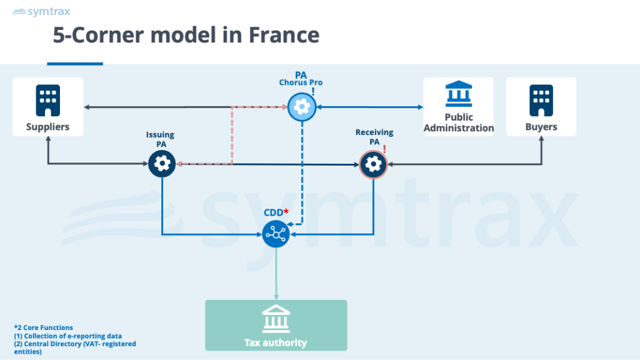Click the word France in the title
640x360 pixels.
pyautogui.click(x=285, y=35)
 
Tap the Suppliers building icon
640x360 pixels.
pyautogui.click(x=47, y=100)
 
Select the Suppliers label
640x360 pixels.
pyautogui.click(x=47, y=127)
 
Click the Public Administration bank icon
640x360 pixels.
pyautogui.click(x=458, y=95)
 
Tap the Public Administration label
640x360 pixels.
pyautogui.click(x=458, y=122)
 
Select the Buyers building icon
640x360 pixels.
pyautogui.click(x=541, y=100)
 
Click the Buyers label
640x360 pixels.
pyautogui.click(x=541, y=127)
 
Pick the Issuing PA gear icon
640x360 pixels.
pyautogui.click(x=162, y=164)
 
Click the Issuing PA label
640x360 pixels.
pyautogui.click(x=161, y=139)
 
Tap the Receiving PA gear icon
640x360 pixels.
pyautogui.click(x=374, y=164)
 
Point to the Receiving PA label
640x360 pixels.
pyautogui.click(x=374, y=137)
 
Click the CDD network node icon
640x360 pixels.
pyautogui.click(x=275, y=234)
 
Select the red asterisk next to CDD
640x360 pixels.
pyautogui.click(x=286, y=212)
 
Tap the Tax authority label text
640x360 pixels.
pyautogui.click(x=276, y=342)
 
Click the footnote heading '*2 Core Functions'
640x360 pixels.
pyautogui.click(x=43, y=327)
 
